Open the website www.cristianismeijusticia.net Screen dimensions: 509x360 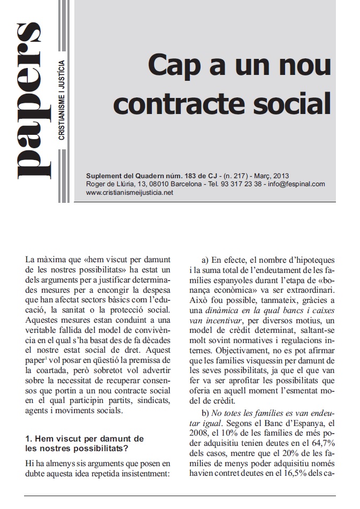pos(129,192)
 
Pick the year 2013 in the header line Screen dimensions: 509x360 pos(280,175)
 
